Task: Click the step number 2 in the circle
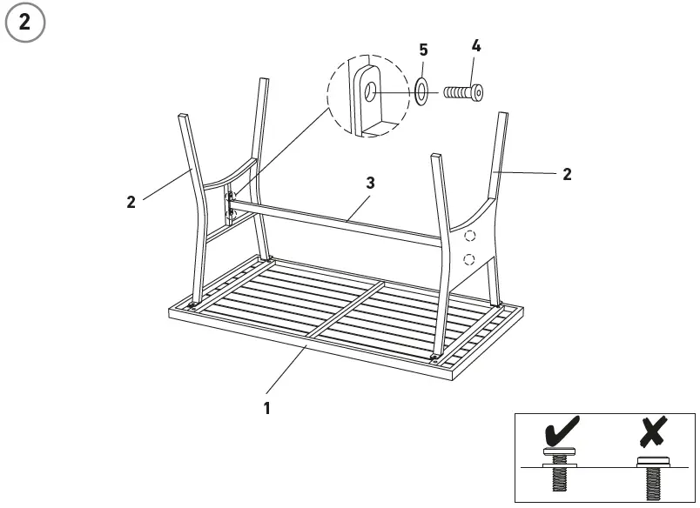click(x=24, y=23)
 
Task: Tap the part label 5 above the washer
click(x=423, y=50)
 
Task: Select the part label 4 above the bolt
click(x=476, y=45)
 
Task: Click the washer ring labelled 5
click(x=422, y=90)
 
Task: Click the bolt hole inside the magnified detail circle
click(x=370, y=90)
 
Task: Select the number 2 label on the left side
click(x=131, y=202)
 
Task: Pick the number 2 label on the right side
click(x=567, y=174)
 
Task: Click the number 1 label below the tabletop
click(x=267, y=407)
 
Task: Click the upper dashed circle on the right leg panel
click(x=470, y=235)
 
